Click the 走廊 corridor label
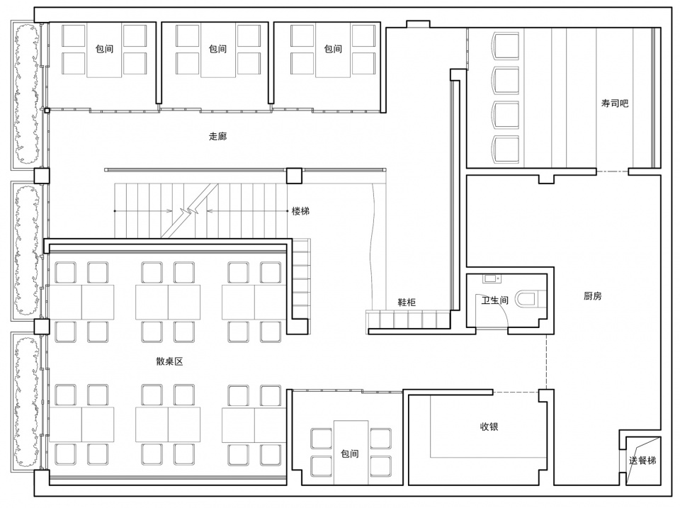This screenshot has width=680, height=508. click(217, 136)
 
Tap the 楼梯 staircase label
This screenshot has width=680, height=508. click(300, 211)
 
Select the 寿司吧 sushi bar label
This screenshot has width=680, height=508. click(615, 103)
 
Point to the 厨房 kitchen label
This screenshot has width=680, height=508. click(592, 296)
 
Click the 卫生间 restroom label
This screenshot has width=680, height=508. click(495, 300)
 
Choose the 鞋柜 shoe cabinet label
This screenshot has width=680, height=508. click(407, 303)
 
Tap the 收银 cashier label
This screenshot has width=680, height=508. click(489, 427)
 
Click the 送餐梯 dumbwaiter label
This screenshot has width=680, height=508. click(642, 461)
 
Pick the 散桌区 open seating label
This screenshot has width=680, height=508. click(169, 361)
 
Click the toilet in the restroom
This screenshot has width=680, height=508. click(526, 299)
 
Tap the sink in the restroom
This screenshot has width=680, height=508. click(491, 278)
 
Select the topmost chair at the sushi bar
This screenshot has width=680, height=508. click(506, 45)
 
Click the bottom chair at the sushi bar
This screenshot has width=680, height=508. click(506, 149)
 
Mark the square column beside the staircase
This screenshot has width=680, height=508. click(294, 176)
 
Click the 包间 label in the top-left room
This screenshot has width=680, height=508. click(105, 49)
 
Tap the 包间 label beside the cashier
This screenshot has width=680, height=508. click(349, 453)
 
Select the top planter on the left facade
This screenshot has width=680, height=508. click(27, 94)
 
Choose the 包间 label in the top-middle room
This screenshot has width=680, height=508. click(217, 49)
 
